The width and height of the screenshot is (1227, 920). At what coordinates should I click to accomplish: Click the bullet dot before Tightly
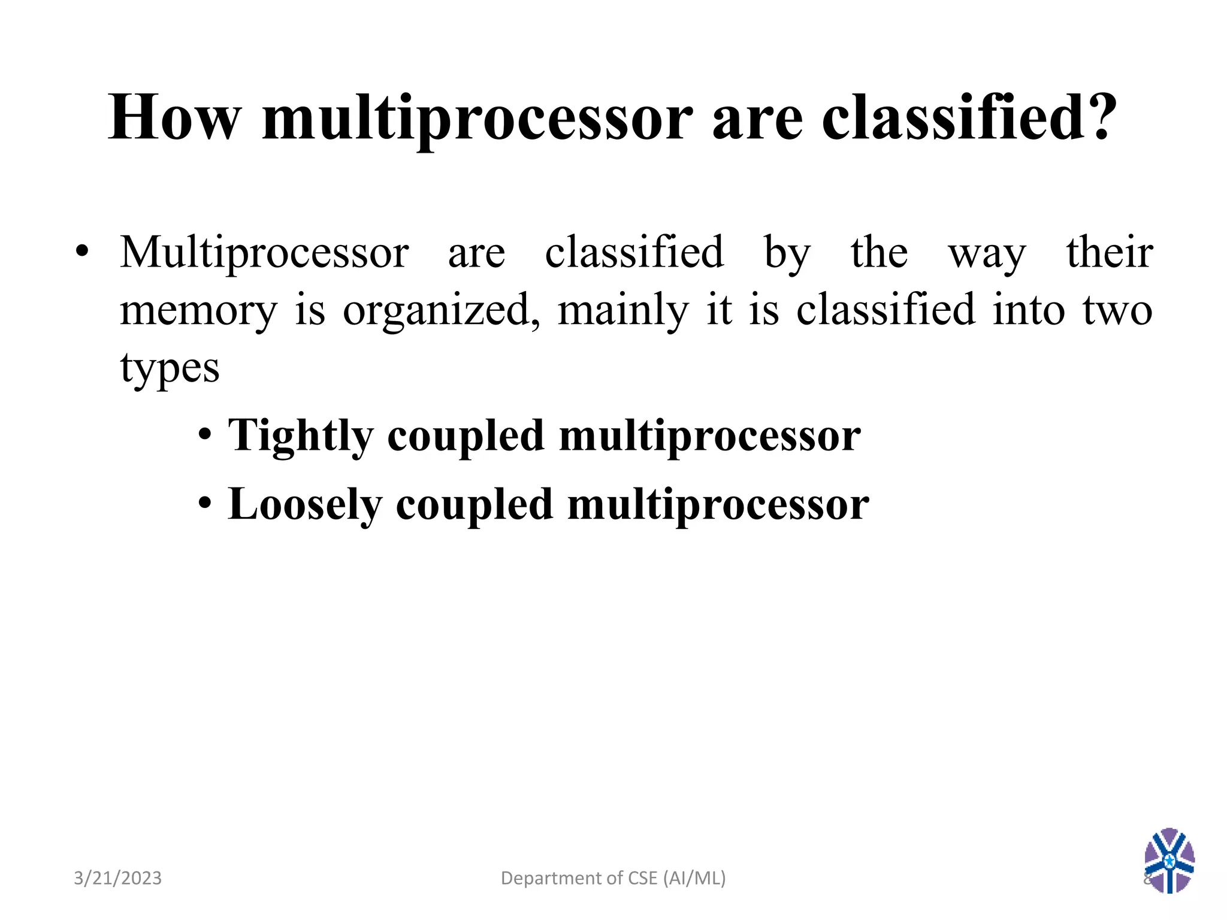[205, 437]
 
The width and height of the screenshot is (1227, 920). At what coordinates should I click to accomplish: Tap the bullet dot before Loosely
[205, 504]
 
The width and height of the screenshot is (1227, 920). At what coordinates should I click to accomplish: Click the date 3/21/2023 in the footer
[117, 878]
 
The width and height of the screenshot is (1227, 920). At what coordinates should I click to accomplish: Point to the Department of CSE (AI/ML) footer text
[613, 878]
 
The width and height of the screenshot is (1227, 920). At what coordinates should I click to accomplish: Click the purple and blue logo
[1169, 860]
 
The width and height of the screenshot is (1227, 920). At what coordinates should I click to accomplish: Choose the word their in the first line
[1110, 253]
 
